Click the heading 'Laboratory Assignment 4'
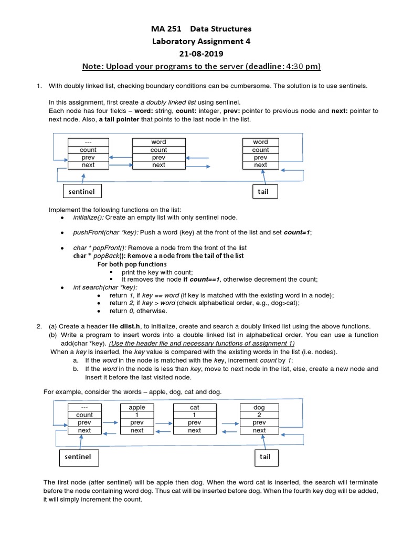coord(201,41)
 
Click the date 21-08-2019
coord(201,54)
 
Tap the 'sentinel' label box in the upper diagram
coord(82,192)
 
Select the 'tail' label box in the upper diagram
coord(263,192)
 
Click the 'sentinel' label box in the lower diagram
coord(78,457)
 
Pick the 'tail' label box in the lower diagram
coord(265,457)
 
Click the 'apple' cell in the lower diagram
coord(137,407)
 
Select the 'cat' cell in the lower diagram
coord(194,407)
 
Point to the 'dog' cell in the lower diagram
coord(259,407)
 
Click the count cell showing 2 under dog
coord(259,415)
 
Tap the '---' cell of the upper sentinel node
coord(88,142)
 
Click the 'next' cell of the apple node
coord(137,430)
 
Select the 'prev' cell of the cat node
coord(194,422)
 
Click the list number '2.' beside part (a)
coord(39,326)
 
